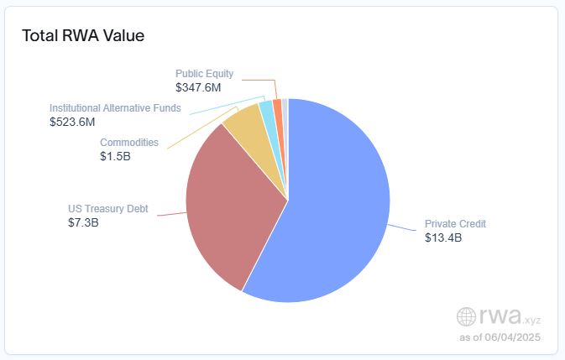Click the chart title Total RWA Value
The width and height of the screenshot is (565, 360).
click(x=82, y=36)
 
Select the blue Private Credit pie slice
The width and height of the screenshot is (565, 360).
click(x=336, y=210)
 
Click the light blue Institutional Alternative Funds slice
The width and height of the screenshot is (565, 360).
click(x=266, y=108)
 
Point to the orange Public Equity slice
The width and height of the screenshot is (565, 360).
click(x=277, y=104)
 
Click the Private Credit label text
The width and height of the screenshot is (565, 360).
click(x=455, y=224)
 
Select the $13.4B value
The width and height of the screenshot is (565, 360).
click(x=442, y=237)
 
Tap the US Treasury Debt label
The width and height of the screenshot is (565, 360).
click(x=107, y=208)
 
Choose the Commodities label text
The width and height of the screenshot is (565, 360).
click(x=128, y=143)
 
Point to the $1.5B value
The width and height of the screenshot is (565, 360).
click(x=116, y=156)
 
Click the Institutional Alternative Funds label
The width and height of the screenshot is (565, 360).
click(x=115, y=108)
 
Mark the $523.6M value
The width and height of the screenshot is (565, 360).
click(x=72, y=122)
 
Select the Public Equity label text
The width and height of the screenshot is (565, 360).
click(x=204, y=74)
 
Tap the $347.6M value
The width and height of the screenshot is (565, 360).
click(x=198, y=87)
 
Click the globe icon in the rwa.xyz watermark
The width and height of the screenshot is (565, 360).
click(x=466, y=316)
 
